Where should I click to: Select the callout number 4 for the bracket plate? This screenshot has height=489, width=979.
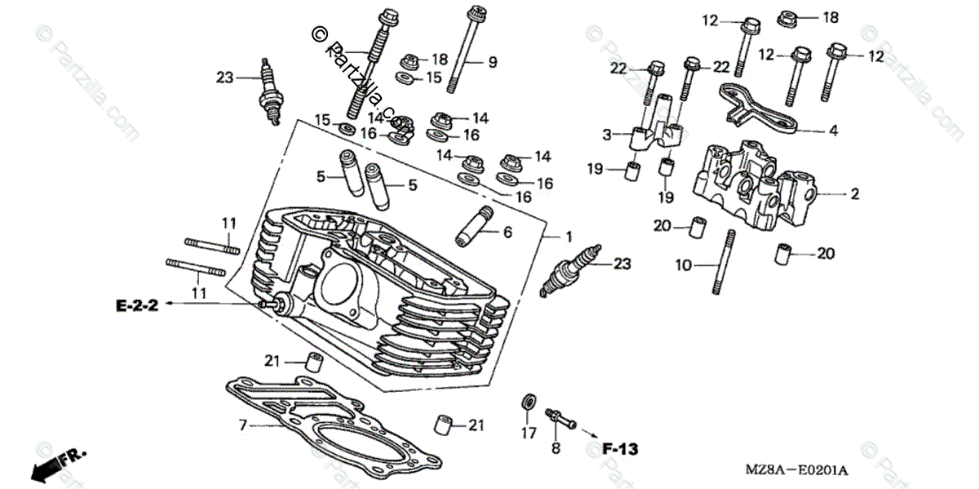coord(833,130)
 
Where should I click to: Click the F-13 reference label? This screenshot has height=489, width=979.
coord(621,449)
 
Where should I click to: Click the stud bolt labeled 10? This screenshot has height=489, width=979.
coord(721,261)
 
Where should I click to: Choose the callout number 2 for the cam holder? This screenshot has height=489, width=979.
coord(855,194)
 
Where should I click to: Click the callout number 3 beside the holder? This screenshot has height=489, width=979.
coord(607,133)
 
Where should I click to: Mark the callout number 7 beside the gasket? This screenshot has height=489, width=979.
coord(242,425)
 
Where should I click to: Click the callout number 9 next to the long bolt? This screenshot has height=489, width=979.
coord(492,62)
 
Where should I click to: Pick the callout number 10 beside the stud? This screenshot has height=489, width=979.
coord(683,265)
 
